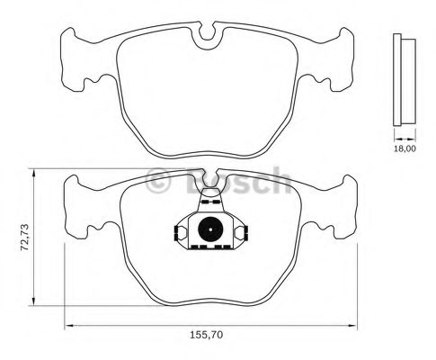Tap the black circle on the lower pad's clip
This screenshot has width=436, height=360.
click(208, 229)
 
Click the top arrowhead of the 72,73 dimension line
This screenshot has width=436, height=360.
click(33, 171)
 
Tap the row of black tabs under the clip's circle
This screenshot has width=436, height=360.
click(208, 245)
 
